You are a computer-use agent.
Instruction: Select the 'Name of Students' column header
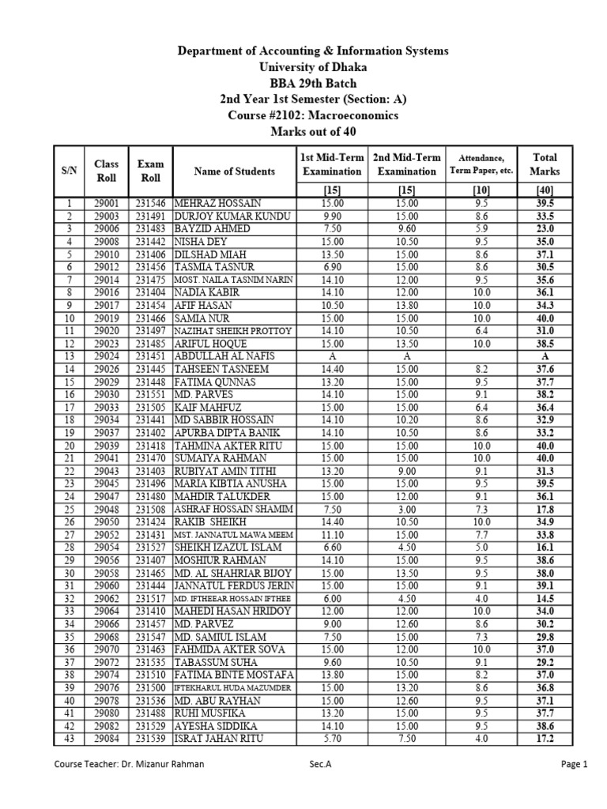click(x=235, y=171)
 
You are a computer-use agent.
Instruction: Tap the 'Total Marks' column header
click(x=545, y=164)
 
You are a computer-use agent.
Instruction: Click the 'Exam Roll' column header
click(x=150, y=171)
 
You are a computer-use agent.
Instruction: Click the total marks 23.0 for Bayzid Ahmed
click(x=545, y=228)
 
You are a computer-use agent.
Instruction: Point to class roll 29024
click(x=107, y=356)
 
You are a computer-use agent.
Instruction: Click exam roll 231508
click(x=150, y=509)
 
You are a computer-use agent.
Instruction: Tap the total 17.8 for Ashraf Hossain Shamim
click(x=545, y=509)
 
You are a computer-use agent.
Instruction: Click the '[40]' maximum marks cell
click(x=545, y=190)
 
